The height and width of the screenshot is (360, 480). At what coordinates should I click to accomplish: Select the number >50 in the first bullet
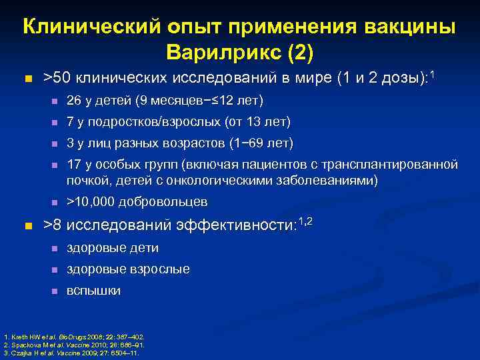click(x=57, y=79)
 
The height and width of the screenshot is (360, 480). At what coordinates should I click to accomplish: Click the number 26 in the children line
click(x=73, y=101)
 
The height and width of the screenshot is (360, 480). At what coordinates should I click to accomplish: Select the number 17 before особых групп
click(x=73, y=164)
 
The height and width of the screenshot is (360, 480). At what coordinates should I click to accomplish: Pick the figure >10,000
click(x=93, y=201)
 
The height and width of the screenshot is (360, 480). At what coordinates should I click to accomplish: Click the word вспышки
click(x=93, y=291)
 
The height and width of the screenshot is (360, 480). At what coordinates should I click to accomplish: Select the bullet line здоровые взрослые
click(x=128, y=269)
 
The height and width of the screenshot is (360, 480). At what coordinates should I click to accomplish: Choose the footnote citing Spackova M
click(x=73, y=345)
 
